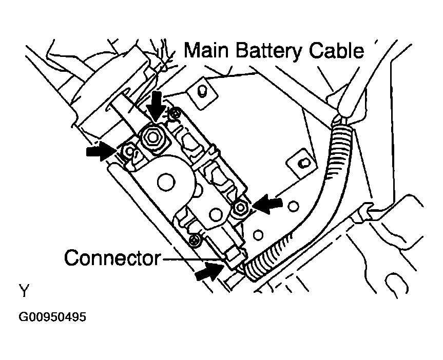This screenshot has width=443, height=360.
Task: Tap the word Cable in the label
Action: click(x=336, y=51)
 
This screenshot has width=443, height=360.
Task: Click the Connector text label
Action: click(x=111, y=258)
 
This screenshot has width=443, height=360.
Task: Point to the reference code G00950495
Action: click(x=52, y=317)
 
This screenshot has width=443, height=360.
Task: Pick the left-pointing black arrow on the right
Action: click(x=268, y=204)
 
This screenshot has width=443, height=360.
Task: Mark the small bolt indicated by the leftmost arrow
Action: click(x=129, y=151)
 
